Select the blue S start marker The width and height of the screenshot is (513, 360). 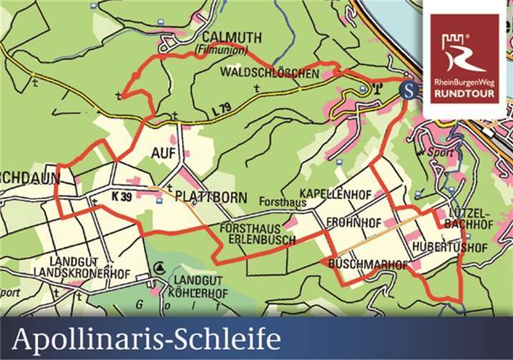(408, 91)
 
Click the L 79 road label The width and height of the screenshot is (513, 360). (223, 109)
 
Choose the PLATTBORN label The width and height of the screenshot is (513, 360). (211, 197)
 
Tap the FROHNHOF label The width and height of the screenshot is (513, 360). (353, 223)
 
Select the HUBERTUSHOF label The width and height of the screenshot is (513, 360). (449, 248)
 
